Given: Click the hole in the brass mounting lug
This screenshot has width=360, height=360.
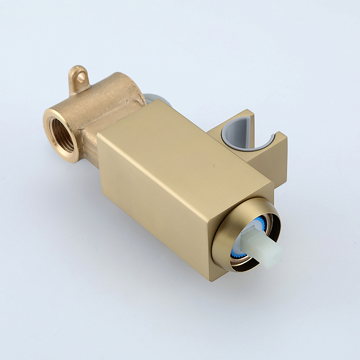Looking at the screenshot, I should coord(81,76).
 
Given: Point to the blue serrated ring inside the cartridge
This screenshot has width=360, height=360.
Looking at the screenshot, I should coord(260,222).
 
